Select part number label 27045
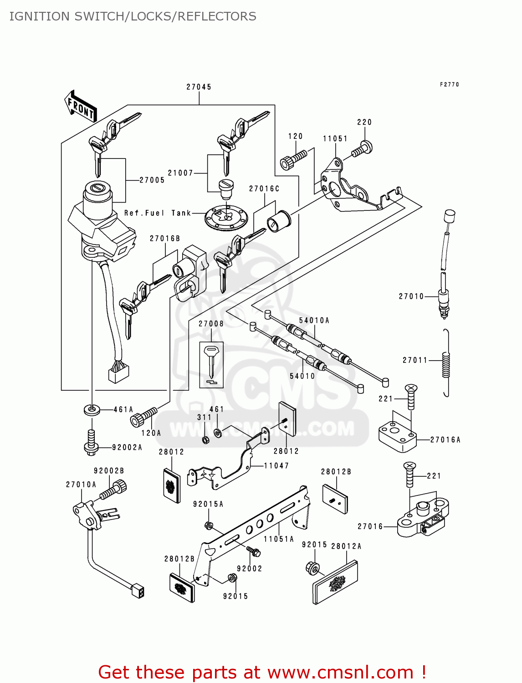(x=199, y=87)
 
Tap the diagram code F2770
(x=449, y=85)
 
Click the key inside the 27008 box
(x=211, y=362)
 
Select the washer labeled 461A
(x=92, y=409)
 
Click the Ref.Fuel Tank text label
(x=158, y=213)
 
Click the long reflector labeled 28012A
(x=336, y=583)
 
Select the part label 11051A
(x=279, y=539)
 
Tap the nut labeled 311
(x=205, y=440)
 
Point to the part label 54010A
(x=314, y=321)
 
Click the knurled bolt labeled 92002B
(x=113, y=491)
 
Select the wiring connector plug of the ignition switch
(x=118, y=373)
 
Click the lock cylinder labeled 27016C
(x=279, y=221)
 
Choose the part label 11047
(x=276, y=466)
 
